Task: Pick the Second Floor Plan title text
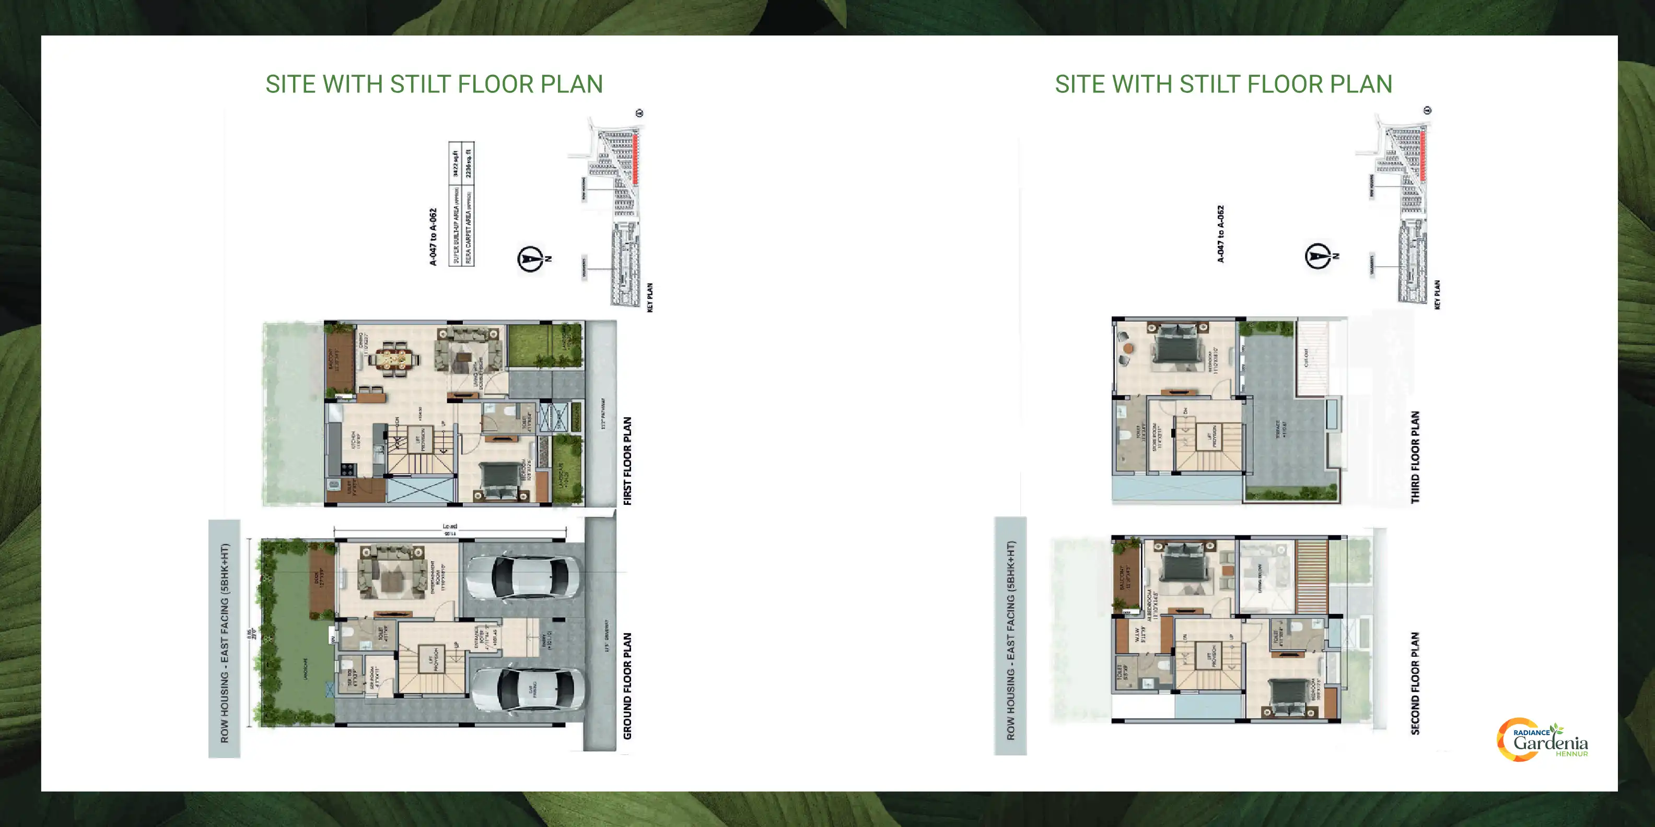click(1415, 682)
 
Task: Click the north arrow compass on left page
click(531, 259)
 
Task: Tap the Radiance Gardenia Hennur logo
click(1543, 740)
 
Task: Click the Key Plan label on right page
click(1437, 294)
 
